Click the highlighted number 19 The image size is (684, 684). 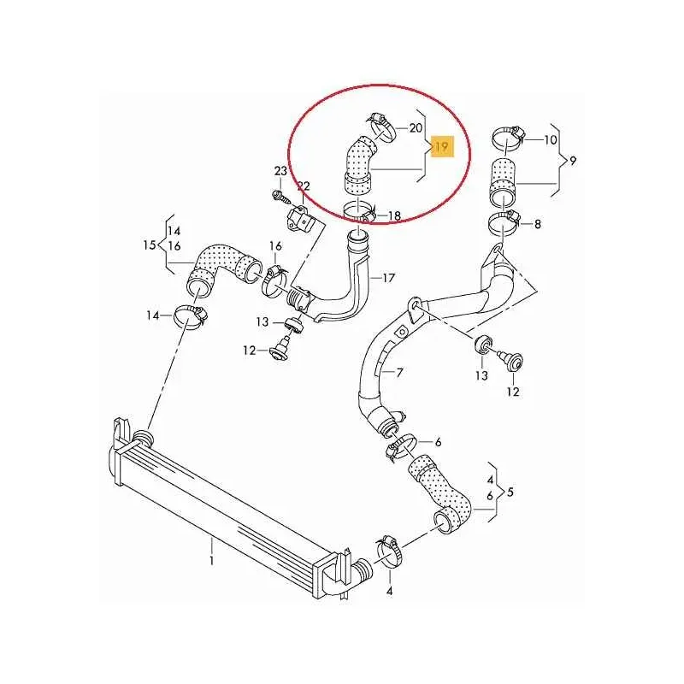443,148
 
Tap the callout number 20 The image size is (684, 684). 416,128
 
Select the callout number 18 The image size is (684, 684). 394,216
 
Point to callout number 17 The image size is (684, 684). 388,277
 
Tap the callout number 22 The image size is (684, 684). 303,186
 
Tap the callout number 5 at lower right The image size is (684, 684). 510,492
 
